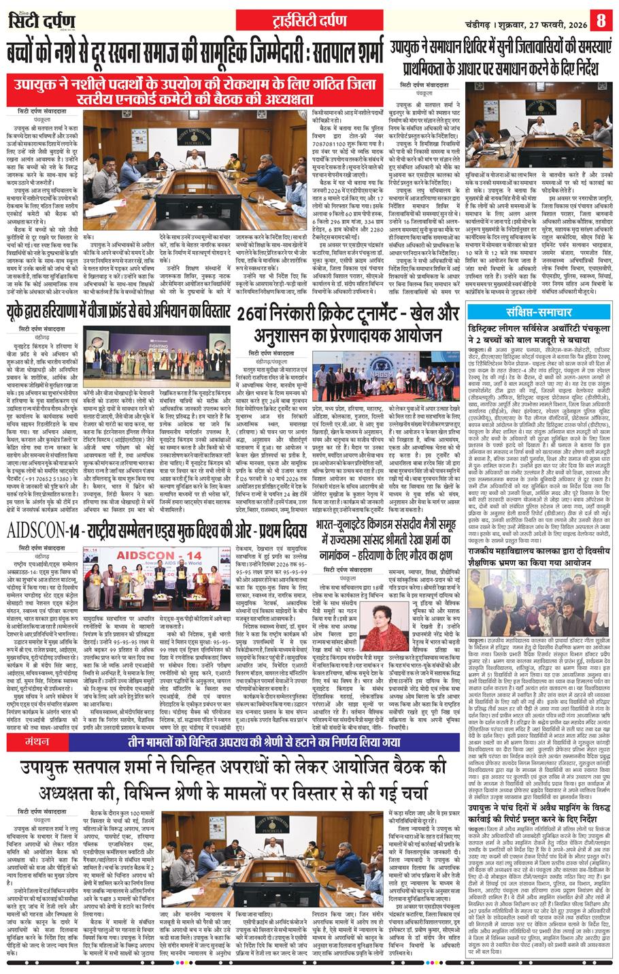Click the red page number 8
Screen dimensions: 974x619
tap(601, 18)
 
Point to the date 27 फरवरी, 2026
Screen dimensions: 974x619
tap(544, 18)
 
